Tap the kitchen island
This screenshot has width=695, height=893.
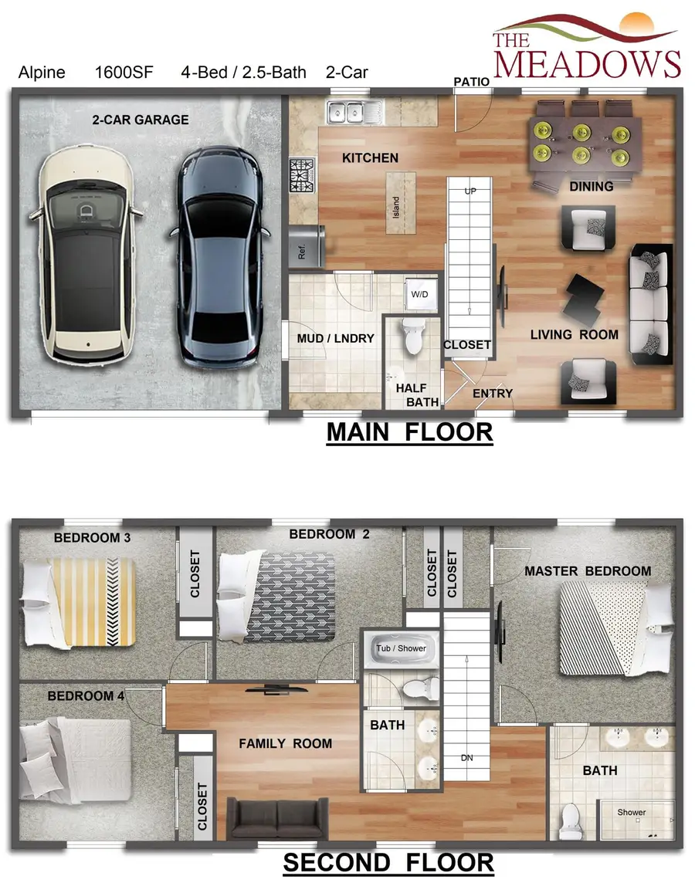(x=400, y=202)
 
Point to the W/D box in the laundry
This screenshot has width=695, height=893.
(x=419, y=294)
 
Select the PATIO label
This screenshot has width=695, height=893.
(x=470, y=81)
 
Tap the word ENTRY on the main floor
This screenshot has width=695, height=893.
(x=492, y=393)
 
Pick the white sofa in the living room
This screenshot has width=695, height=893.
(x=650, y=304)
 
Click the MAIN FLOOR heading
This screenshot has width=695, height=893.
(x=409, y=432)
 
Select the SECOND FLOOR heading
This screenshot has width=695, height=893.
(x=388, y=862)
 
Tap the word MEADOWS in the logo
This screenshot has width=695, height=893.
(x=587, y=63)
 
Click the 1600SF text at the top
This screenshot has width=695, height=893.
(x=124, y=73)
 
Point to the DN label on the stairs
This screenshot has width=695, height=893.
(x=466, y=758)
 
